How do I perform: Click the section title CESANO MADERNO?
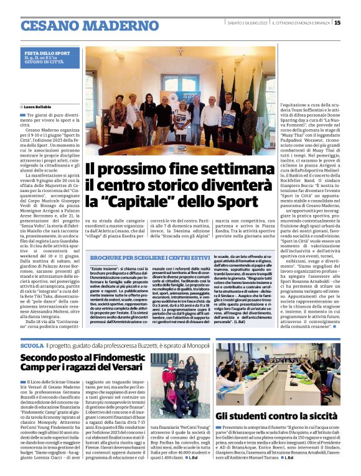pyautogui.click(x=81, y=25)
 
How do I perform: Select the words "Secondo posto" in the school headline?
pyautogui.click(x=50, y=358)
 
